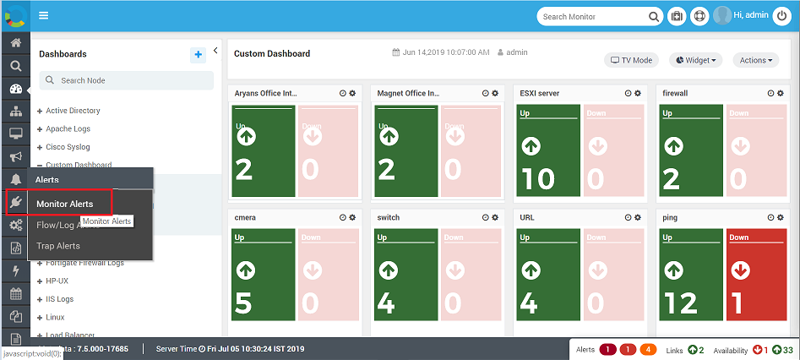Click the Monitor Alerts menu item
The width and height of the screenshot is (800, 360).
click(64, 204)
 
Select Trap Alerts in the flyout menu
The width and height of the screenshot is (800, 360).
click(58, 246)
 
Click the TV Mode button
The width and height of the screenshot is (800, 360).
click(632, 60)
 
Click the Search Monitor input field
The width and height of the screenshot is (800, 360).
click(593, 16)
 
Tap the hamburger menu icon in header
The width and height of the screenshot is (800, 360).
click(43, 15)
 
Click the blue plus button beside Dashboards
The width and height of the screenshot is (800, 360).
click(199, 55)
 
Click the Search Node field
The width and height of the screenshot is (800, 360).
click(127, 80)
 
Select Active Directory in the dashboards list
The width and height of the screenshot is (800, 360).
click(73, 111)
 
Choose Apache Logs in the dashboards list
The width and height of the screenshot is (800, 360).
click(68, 128)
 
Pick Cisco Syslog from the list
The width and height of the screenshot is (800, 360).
click(68, 147)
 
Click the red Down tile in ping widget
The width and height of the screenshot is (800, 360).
click(756, 275)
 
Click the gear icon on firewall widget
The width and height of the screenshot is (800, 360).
click(781, 93)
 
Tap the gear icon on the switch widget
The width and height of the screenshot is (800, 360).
click(496, 217)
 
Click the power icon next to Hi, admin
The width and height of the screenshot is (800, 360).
click(781, 16)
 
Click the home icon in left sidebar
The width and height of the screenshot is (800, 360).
click(15, 43)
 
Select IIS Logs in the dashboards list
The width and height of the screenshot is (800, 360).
click(59, 298)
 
